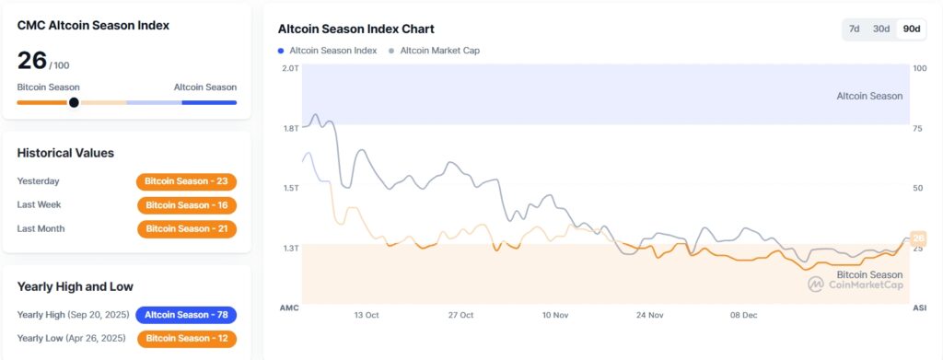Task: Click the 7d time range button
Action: [x=854, y=29]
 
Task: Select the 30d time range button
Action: [x=881, y=29]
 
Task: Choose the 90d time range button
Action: [x=912, y=29]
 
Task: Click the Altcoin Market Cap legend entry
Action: [x=434, y=51]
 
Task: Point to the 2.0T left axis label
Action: [x=289, y=68]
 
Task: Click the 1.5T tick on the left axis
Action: [x=289, y=188]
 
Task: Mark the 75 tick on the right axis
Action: [x=919, y=129]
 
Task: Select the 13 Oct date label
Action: [x=366, y=315]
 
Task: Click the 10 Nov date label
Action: [x=554, y=315]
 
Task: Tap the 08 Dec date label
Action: [x=743, y=315]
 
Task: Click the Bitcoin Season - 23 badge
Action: [x=186, y=181]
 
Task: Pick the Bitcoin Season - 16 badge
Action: [x=187, y=205]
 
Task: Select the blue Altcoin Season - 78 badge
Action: [x=186, y=315]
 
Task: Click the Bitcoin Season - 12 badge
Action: [x=187, y=339]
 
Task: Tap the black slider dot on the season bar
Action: [x=74, y=102]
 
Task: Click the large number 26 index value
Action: [x=32, y=62]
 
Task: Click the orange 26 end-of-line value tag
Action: [x=917, y=238]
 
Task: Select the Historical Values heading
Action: [x=65, y=153]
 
